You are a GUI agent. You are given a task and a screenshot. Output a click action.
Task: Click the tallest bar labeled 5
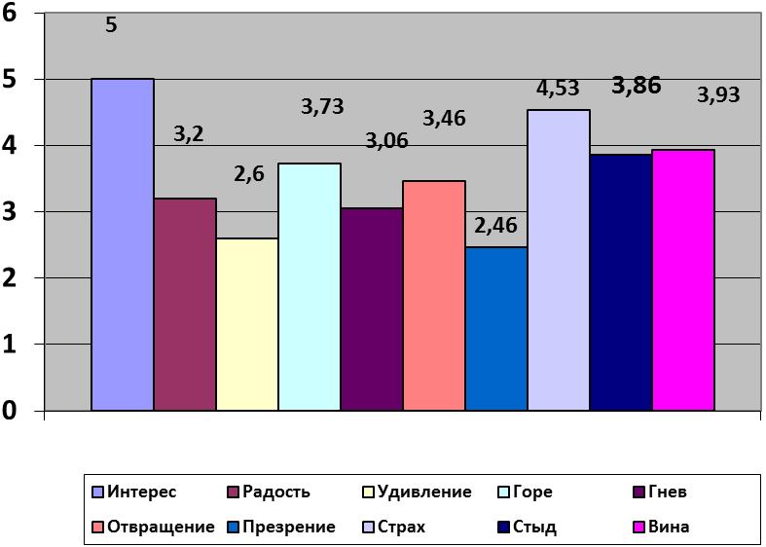tap(123, 244)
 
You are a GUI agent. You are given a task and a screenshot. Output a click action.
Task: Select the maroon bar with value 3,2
tap(185, 304)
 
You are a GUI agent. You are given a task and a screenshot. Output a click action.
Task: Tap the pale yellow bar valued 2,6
tap(247, 324)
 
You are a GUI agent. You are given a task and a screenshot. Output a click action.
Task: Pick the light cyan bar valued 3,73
tap(310, 286)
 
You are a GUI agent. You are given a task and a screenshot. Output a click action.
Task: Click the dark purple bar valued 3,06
tap(372, 309)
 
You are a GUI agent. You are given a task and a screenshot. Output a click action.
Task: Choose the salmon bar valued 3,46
tap(434, 295)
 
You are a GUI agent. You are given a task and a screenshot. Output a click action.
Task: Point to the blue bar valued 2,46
tap(496, 328)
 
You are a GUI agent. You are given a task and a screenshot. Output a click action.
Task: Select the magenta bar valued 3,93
tap(683, 279)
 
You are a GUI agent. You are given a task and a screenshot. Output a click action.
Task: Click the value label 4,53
tap(558, 89)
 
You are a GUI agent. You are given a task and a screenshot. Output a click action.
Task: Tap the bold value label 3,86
tap(637, 86)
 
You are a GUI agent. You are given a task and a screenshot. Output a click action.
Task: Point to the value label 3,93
tap(718, 95)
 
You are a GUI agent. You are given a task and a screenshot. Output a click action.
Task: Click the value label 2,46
tap(495, 226)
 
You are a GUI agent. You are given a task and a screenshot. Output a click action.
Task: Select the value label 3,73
tap(322, 107)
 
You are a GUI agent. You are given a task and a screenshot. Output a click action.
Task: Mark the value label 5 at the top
tap(111, 25)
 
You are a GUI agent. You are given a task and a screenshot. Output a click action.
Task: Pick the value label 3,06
tap(386, 141)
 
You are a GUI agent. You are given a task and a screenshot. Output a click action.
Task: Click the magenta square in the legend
tap(638, 527)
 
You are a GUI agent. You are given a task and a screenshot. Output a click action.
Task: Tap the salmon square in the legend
tap(97, 527)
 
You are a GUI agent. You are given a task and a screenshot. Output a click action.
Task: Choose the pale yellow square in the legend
tap(369, 492)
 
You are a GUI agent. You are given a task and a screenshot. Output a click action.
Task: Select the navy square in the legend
tap(503, 527)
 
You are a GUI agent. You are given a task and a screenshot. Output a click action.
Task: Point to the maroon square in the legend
tap(234, 492)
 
